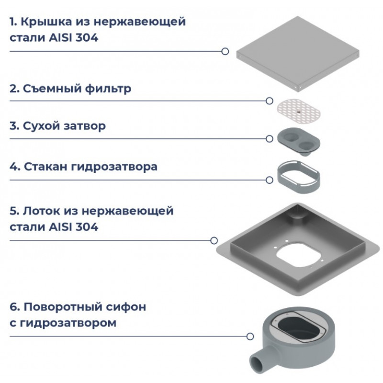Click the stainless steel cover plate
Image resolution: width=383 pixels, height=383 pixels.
297,53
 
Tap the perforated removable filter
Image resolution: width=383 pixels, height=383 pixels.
298,111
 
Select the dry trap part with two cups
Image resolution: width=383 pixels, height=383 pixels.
298,141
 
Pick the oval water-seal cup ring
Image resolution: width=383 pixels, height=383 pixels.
298,177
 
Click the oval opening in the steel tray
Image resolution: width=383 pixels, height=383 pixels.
298,255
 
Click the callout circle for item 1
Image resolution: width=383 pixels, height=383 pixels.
225,52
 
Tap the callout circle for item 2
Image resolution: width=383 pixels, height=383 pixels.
269,101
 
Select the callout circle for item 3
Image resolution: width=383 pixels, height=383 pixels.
269,139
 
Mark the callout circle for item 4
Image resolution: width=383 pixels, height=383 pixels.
269,180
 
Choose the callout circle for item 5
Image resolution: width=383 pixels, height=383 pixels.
214,241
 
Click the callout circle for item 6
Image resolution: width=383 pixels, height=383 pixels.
250,337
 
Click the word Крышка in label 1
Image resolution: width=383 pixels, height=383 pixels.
46,22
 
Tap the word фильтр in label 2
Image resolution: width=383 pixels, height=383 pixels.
108,89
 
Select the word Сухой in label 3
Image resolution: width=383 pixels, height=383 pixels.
41,126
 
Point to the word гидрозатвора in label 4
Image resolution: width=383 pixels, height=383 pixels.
114,167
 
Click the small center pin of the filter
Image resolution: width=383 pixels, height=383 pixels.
298,112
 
